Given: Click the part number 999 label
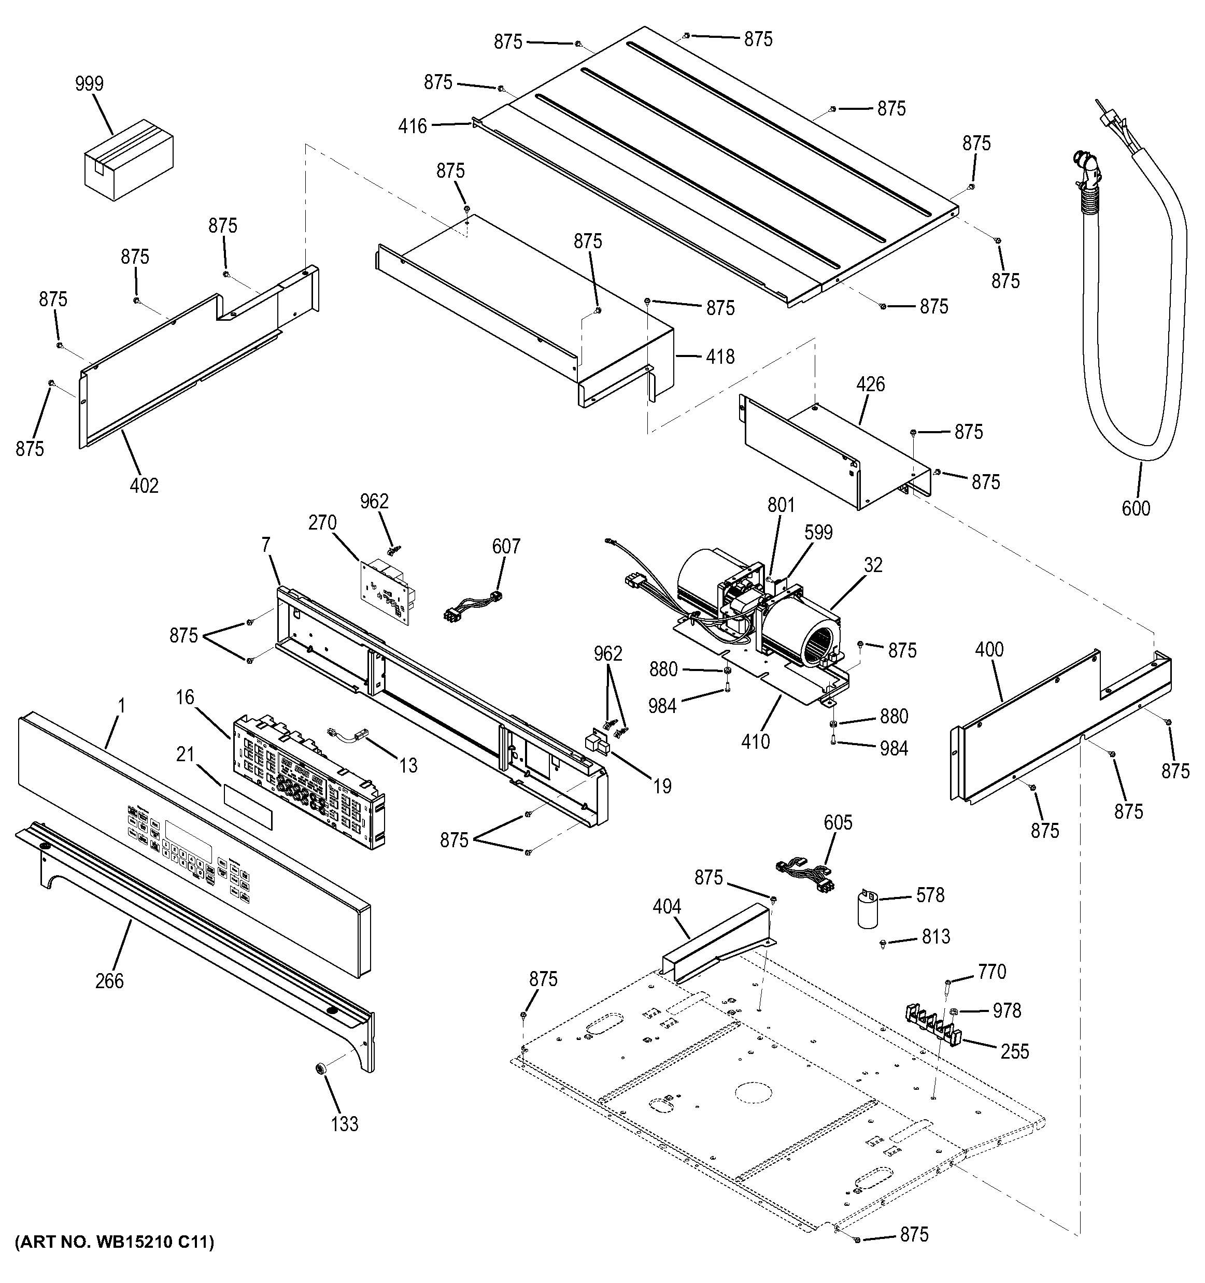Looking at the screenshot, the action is [89, 84].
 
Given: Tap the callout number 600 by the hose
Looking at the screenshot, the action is [1136, 508].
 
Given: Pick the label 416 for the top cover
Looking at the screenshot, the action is [413, 126].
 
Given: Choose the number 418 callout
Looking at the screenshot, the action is [720, 357].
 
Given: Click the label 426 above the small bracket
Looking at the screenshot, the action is [871, 384].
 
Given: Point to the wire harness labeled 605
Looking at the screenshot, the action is [806, 875].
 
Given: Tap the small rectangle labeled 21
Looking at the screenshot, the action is [248, 807].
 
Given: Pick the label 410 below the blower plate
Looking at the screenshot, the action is [755, 742].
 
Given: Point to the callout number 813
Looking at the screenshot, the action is [936, 936].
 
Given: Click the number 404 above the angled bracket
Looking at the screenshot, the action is [667, 907].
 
